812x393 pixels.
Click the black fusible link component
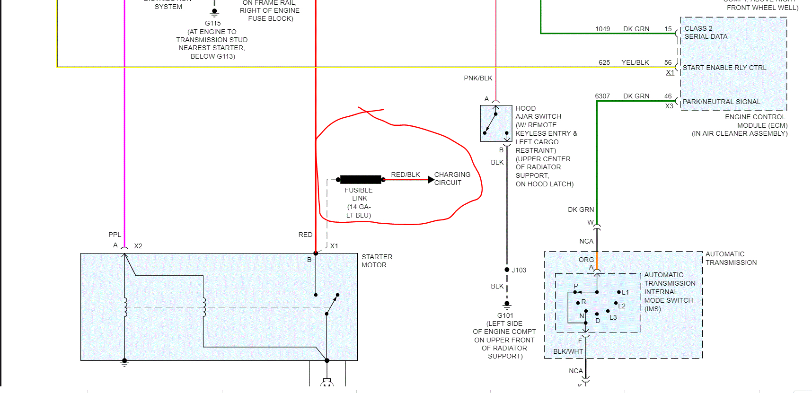tap(360, 180)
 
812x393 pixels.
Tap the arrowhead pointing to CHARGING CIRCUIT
tap(431, 180)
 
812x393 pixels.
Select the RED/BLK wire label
tap(405, 175)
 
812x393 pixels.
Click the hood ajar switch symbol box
tap(496, 123)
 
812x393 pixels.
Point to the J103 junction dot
tap(507, 270)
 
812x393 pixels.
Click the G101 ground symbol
tap(507, 304)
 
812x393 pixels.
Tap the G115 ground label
tap(213, 23)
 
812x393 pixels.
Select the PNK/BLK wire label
tap(478, 78)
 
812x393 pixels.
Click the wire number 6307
tap(602, 96)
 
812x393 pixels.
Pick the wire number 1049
tap(602, 29)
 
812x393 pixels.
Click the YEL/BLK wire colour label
tap(635, 62)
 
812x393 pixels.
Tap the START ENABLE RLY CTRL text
tap(724, 68)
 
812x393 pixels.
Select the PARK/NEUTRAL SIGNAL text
tap(721, 102)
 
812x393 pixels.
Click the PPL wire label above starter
tap(115, 235)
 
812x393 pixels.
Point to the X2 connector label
tap(138, 246)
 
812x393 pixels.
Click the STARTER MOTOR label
tap(377, 261)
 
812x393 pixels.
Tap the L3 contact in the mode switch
tap(613, 317)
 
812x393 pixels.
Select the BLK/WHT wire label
tap(568, 351)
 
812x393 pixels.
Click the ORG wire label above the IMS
tap(586, 260)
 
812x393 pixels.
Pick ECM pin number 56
tap(668, 62)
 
